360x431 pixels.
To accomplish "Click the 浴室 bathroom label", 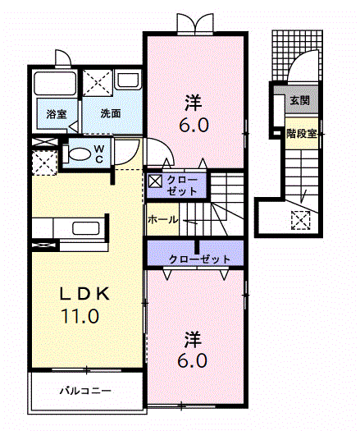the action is click(57, 113).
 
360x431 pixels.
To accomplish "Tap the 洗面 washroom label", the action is click(111, 113).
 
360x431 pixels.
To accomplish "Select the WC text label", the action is click(99, 154).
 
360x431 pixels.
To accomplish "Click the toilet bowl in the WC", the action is click(79, 154).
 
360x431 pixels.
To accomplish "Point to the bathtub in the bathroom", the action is click(55, 84).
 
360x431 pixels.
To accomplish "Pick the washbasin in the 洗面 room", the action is click(128, 80).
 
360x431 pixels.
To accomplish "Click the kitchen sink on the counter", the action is click(85, 228).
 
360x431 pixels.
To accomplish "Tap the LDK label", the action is click(84, 294).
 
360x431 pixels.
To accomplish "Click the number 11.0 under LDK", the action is click(80, 315).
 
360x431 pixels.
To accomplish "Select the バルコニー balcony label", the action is click(85, 391).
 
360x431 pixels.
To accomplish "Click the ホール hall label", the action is click(163, 220).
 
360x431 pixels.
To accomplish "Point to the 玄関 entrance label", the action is click(300, 101).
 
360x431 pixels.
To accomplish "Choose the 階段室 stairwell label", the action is click(302, 134).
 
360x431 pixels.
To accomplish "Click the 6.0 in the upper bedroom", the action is click(194, 126).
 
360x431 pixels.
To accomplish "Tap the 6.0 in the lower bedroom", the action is click(192, 360).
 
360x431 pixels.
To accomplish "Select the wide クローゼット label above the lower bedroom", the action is click(199, 259).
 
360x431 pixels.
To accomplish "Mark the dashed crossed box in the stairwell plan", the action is click(300, 220).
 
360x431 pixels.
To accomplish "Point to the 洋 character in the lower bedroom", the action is click(193, 341).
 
